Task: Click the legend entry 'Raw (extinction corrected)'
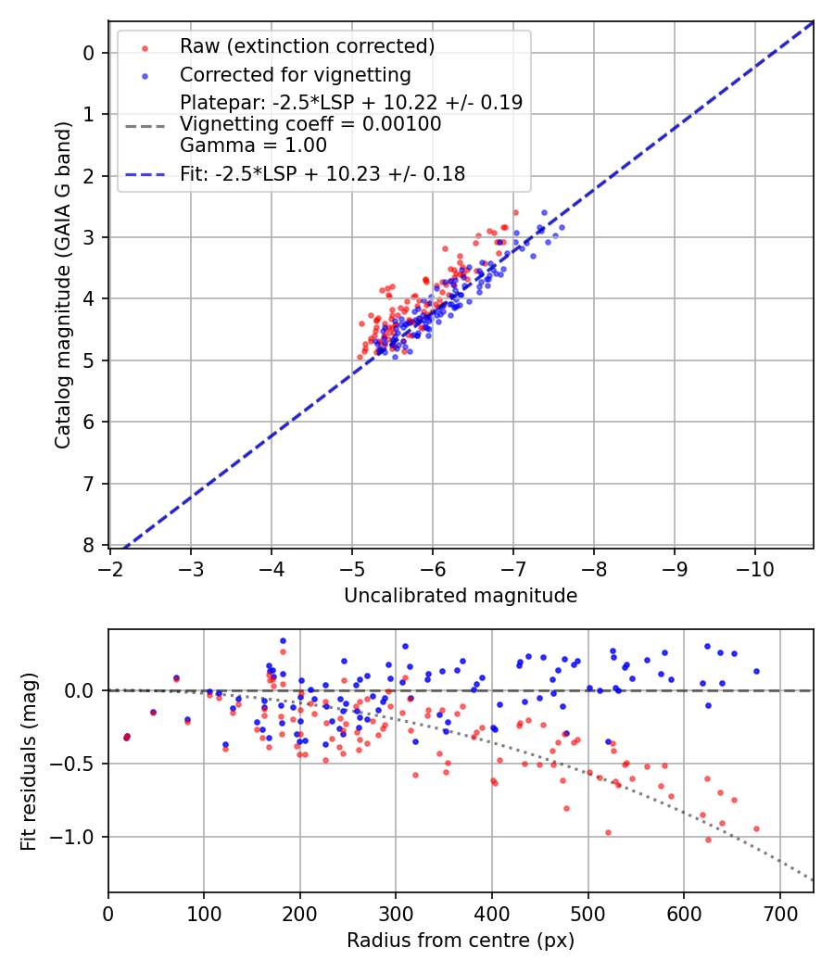pyautogui.click(x=307, y=46)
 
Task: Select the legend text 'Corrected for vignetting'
pyautogui.click(x=296, y=74)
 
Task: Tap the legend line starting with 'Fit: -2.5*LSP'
pyautogui.click(x=322, y=173)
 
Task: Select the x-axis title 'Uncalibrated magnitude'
pyautogui.click(x=461, y=596)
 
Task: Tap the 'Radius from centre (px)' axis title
pyautogui.click(x=461, y=941)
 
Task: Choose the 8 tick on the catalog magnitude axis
pyautogui.click(x=88, y=545)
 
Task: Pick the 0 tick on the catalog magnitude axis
pyautogui.click(x=88, y=53)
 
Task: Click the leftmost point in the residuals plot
pyautogui.click(x=127, y=737)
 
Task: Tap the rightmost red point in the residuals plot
pyautogui.click(x=756, y=828)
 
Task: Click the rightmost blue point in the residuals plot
pyautogui.click(x=756, y=671)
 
